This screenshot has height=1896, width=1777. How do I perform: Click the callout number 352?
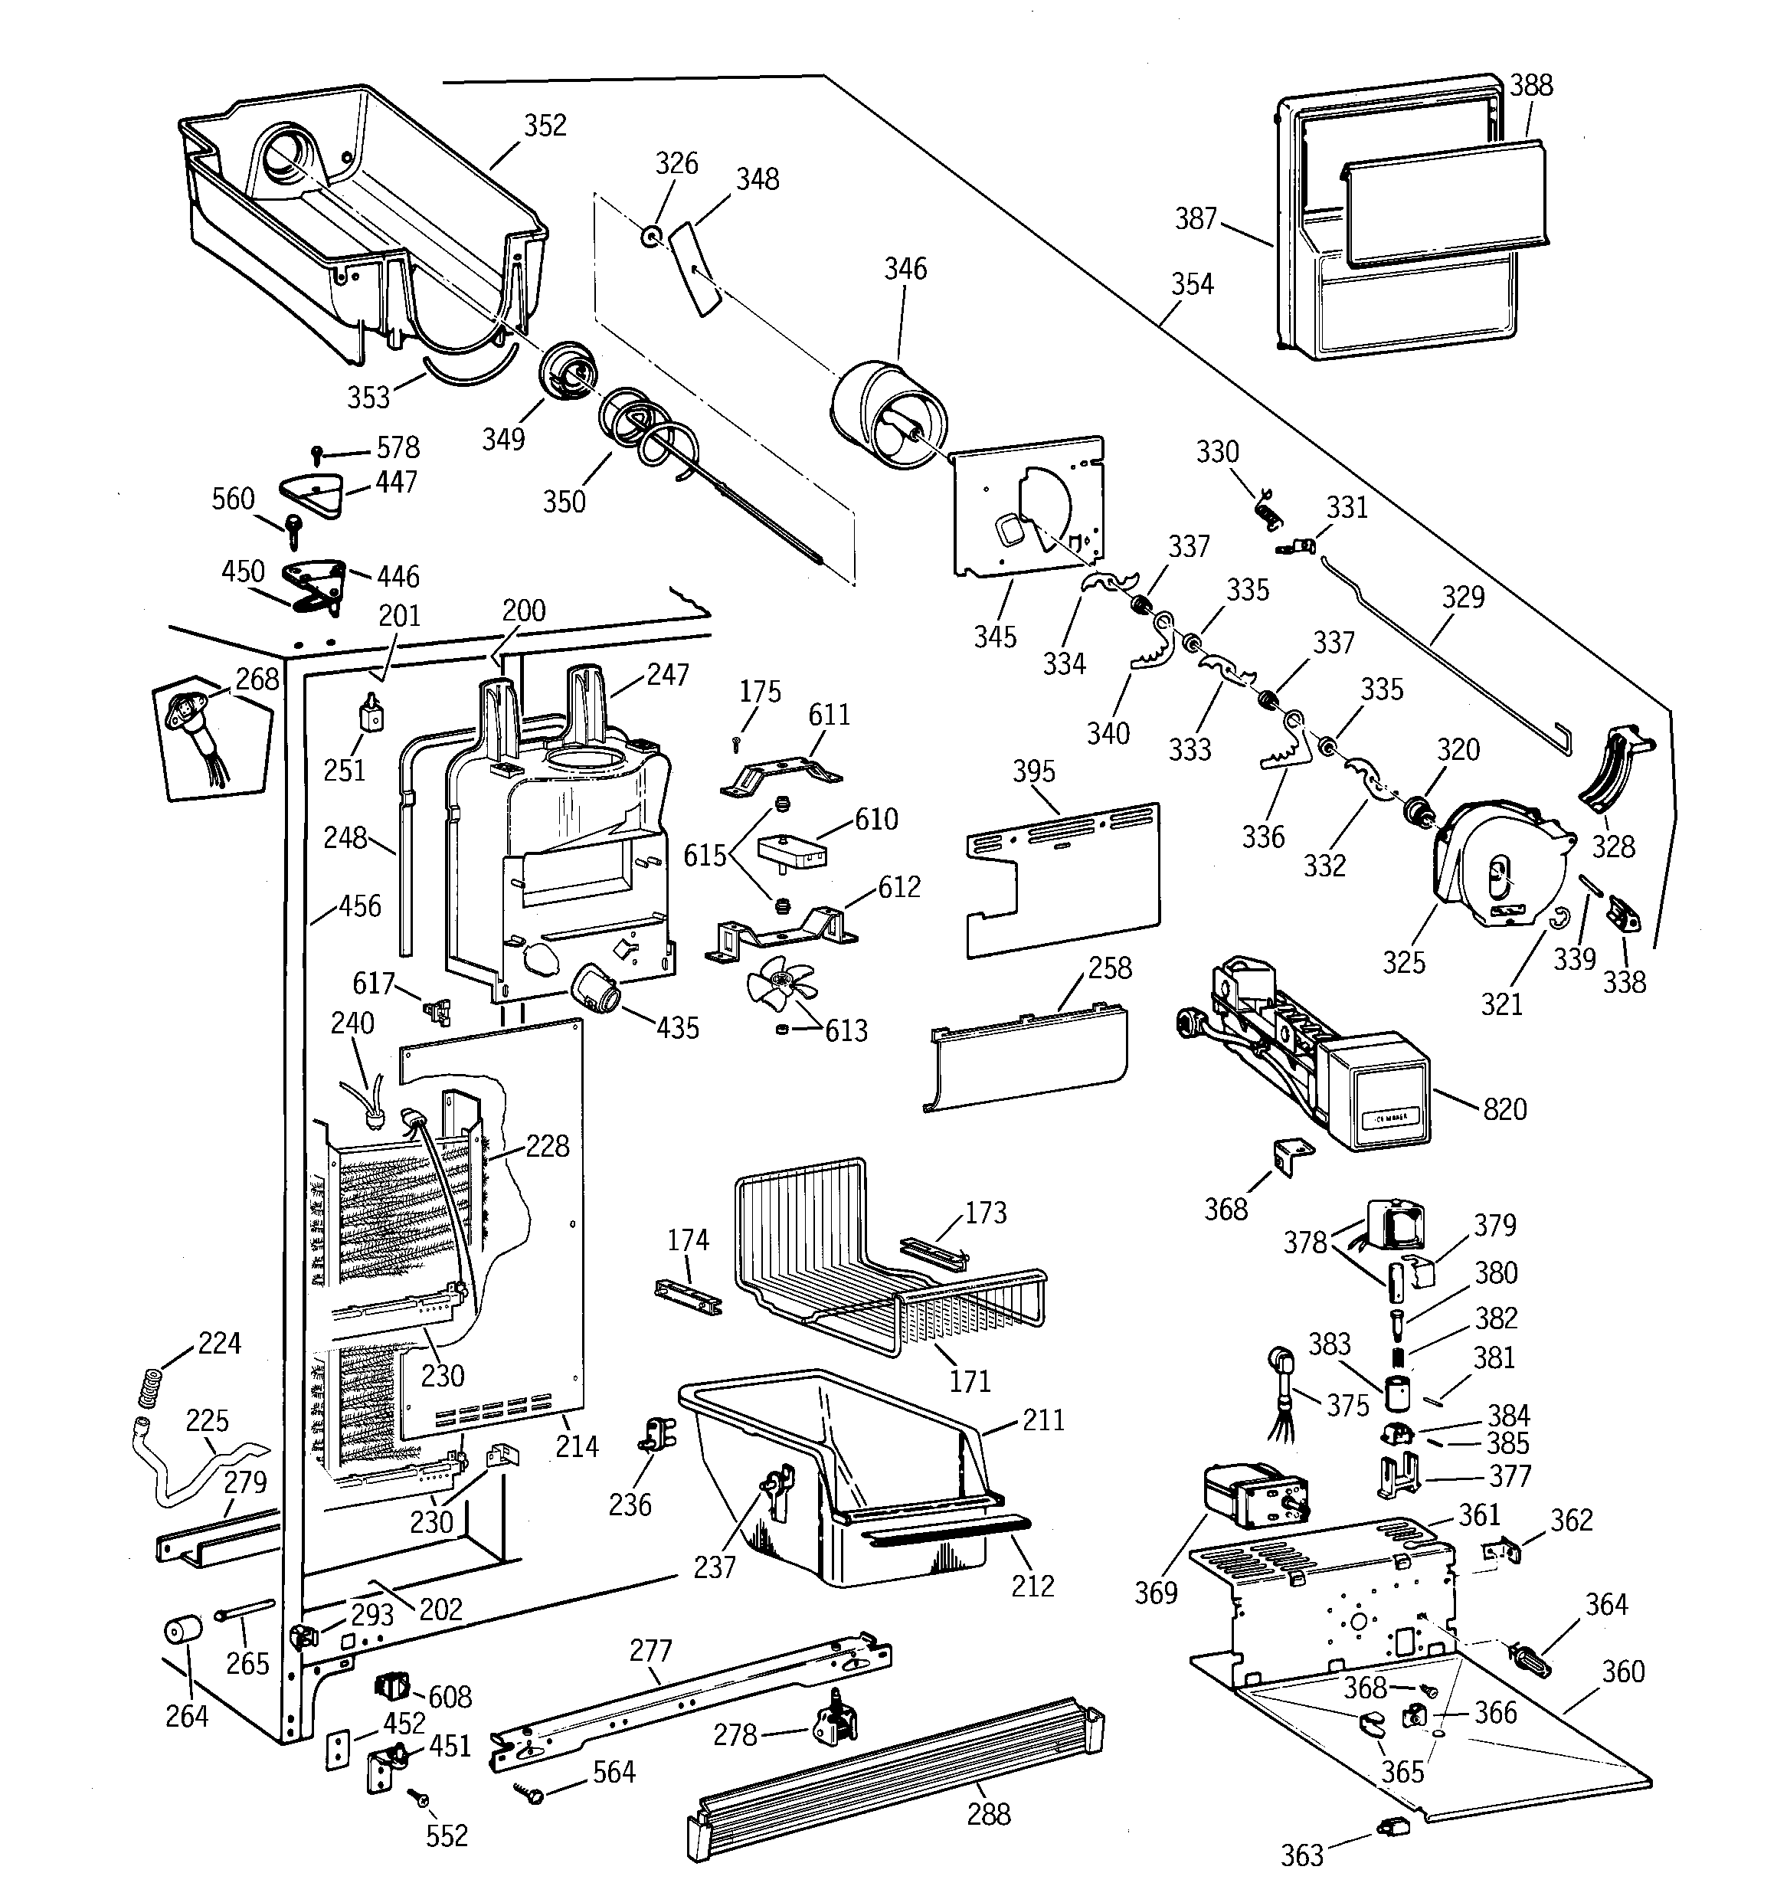pyautogui.click(x=545, y=126)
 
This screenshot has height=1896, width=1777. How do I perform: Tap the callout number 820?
pyautogui.click(x=1504, y=1109)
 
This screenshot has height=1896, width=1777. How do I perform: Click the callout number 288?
pyautogui.click(x=988, y=1814)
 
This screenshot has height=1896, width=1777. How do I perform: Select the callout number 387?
pyautogui.click(x=1196, y=219)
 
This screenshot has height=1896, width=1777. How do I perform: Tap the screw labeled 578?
pyautogui.click(x=319, y=453)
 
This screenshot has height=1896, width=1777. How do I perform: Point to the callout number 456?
pyautogui.click(x=359, y=906)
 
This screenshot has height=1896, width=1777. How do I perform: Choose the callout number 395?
pyautogui.click(x=1034, y=771)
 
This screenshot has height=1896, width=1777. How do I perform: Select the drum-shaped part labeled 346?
pyautogui.click(x=887, y=415)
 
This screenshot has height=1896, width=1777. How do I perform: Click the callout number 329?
pyautogui.click(x=1462, y=597)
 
